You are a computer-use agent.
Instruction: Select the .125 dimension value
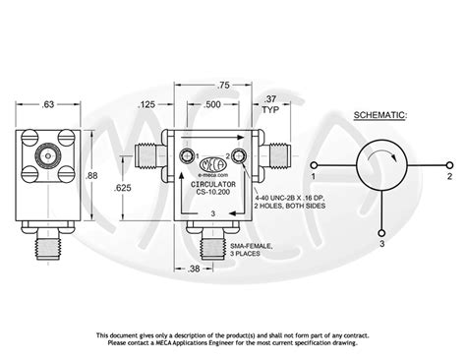pos(149,102)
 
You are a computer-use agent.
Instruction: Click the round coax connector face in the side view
pos(44,155)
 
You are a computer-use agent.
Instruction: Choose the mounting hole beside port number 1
pos(182,157)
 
